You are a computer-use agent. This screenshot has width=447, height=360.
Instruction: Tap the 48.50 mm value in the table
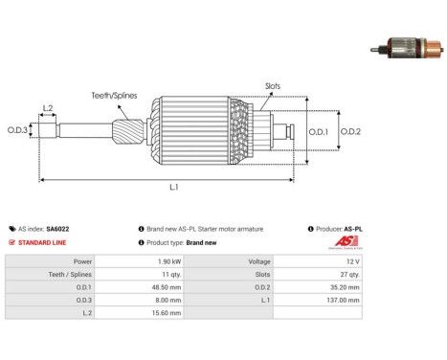tap(167, 287)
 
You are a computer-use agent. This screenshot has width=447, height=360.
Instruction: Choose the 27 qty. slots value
tap(349, 275)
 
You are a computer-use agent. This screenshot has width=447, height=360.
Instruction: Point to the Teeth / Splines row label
tap(70, 275)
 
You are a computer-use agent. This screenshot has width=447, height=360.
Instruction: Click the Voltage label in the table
tap(259, 261)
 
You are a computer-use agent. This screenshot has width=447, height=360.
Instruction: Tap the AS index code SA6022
tap(57, 229)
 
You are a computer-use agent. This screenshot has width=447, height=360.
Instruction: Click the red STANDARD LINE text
tap(42, 242)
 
